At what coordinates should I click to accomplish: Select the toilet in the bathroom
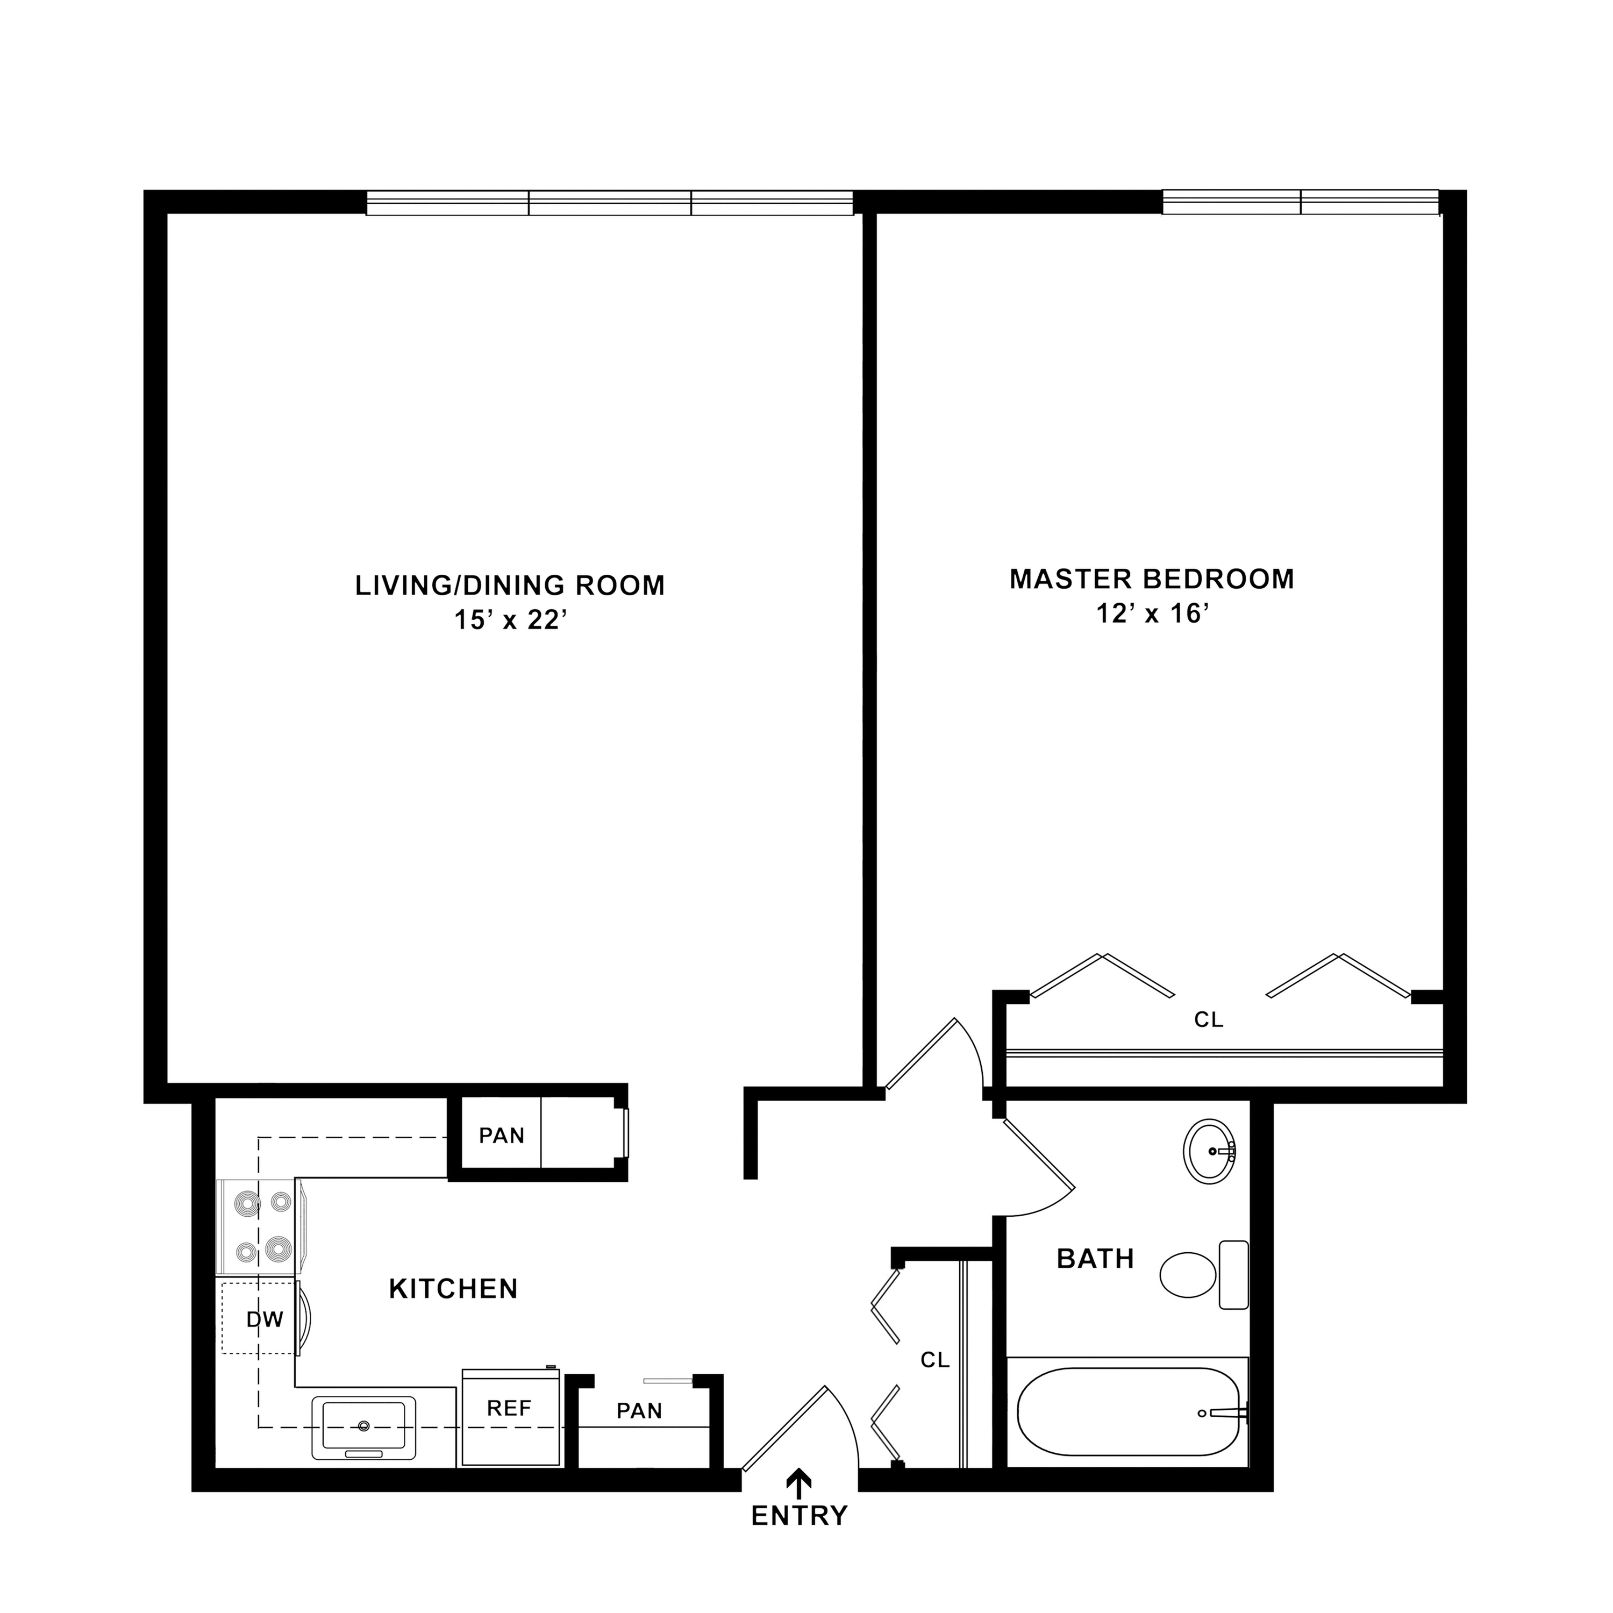point(1204,1274)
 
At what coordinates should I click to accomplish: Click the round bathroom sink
point(1209,1151)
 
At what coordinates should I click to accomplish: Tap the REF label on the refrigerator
point(509,1409)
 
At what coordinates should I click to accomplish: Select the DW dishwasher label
point(265,1319)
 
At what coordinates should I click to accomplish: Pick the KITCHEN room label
point(453,1289)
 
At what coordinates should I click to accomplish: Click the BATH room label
point(1095,1258)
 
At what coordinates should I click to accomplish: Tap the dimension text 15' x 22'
point(511,620)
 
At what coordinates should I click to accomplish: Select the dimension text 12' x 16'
point(1152,613)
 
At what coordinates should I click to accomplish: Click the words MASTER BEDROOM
point(1152,579)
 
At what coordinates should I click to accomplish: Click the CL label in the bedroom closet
point(1209,1019)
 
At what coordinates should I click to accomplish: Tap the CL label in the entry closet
point(935,1360)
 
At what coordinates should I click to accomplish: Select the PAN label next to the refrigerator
point(639,1411)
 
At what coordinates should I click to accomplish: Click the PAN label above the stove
point(502,1136)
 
